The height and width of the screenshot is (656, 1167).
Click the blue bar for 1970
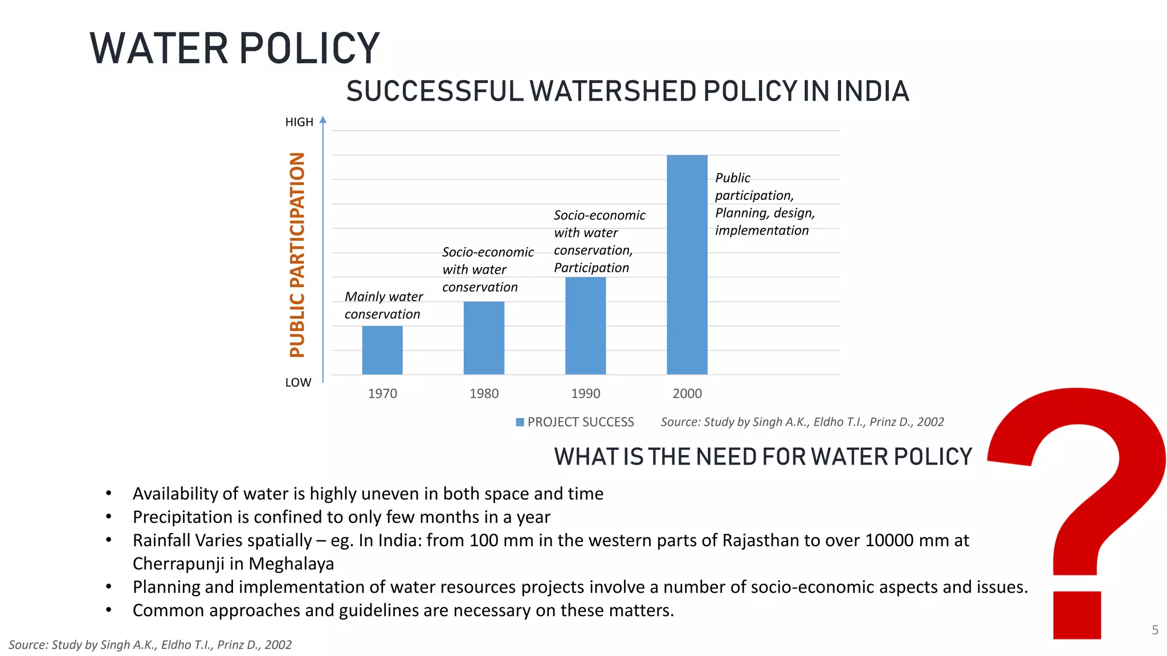click(x=382, y=350)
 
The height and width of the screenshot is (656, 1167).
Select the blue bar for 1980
click(x=484, y=338)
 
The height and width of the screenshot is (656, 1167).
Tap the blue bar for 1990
click(x=585, y=325)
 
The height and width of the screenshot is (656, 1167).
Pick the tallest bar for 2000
click(x=687, y=265)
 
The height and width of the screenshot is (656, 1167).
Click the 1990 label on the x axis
click(x=585, y=393)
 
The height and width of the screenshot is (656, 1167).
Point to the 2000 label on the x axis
click(x=687, y=393)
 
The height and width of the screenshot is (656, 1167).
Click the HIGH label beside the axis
click(x=299, y=122)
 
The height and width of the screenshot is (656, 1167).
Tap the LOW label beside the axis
click(x=298, y=383)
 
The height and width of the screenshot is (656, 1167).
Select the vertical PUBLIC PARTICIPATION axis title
click(x=297, y=255)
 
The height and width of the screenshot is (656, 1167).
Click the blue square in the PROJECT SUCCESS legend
click(x=520, y=422)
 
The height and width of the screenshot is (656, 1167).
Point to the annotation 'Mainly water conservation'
click(x=383, y=305)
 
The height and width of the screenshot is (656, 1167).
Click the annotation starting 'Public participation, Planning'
click(x=764, y=204)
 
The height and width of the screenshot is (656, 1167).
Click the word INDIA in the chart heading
click(x=872, y=92)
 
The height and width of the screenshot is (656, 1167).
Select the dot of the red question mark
click(x=1076, y=615)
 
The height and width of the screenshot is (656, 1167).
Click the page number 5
click(x=1155, y=630)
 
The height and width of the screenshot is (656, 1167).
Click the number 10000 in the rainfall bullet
click(x=889, y=540)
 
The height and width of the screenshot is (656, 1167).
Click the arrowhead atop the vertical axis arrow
click(x=323, y=120)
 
